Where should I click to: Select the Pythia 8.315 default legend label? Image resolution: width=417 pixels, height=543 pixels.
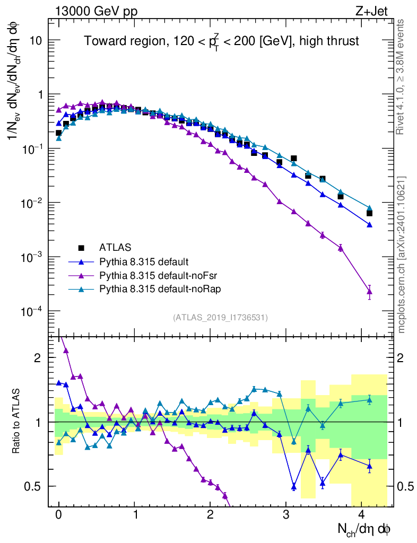144,261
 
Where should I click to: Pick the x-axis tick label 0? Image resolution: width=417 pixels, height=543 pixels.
59,515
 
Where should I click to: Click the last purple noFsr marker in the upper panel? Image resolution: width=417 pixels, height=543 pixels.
369,291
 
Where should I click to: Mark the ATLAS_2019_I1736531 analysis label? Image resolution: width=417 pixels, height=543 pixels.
220,318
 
